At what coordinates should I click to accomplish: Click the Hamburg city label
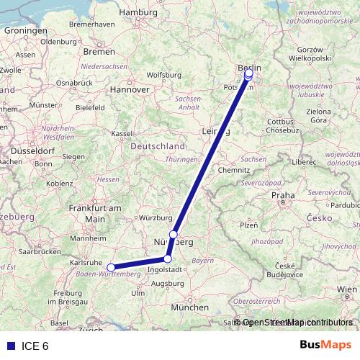tap(139, 12)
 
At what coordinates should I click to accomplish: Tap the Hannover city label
tap(129, 90)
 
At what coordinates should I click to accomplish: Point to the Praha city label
tap(282, 195)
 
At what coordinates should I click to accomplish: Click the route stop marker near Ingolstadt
tap(168, 259)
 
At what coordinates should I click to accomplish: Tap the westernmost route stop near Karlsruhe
tap(111, 268)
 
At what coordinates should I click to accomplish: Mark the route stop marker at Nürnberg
tap(174, 235)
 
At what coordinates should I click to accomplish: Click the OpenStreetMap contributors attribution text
tap(297, 323)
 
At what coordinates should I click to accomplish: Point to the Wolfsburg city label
tap(163, 74)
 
